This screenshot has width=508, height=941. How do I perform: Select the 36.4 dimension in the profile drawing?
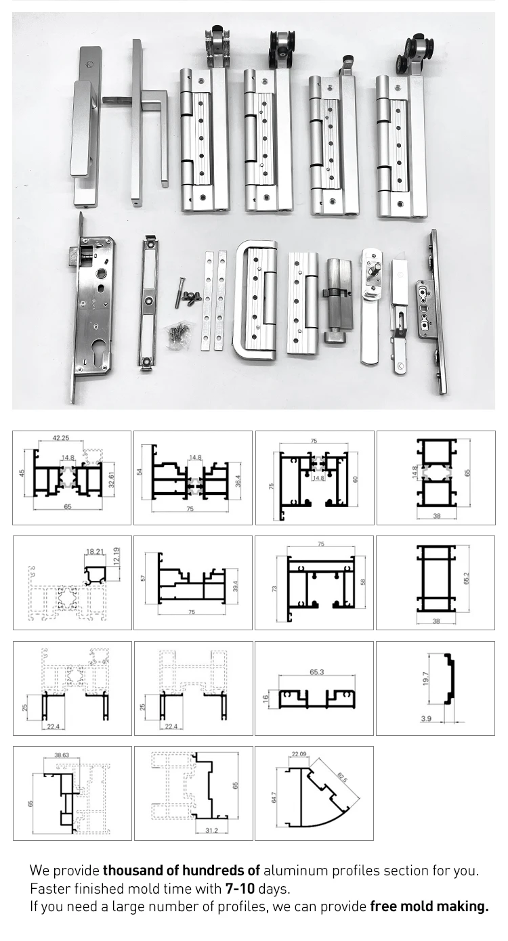coord(238,481)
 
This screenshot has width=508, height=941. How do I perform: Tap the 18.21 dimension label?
coord(94,552)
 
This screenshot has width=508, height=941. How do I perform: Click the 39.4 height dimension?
coord(235,587)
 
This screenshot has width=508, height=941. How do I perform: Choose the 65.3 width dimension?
coord(316,672)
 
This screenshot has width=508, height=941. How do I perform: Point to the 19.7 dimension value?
coord(426,679)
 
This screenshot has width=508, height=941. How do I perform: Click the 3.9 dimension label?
coord(425,718)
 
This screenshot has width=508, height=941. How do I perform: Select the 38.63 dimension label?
coord(62,753)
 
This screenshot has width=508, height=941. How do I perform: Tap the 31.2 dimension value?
coord(211,830)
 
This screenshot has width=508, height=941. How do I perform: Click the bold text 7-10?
coord(240,889)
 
